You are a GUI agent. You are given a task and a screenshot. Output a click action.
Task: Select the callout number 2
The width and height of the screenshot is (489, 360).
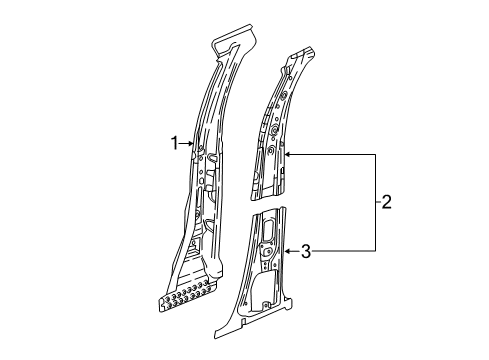click(386, 202)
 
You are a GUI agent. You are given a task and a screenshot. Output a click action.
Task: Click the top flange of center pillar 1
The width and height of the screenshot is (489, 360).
click(235, 41)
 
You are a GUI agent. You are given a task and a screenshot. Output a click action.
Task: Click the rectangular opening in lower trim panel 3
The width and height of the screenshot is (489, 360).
click(270, 229)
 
